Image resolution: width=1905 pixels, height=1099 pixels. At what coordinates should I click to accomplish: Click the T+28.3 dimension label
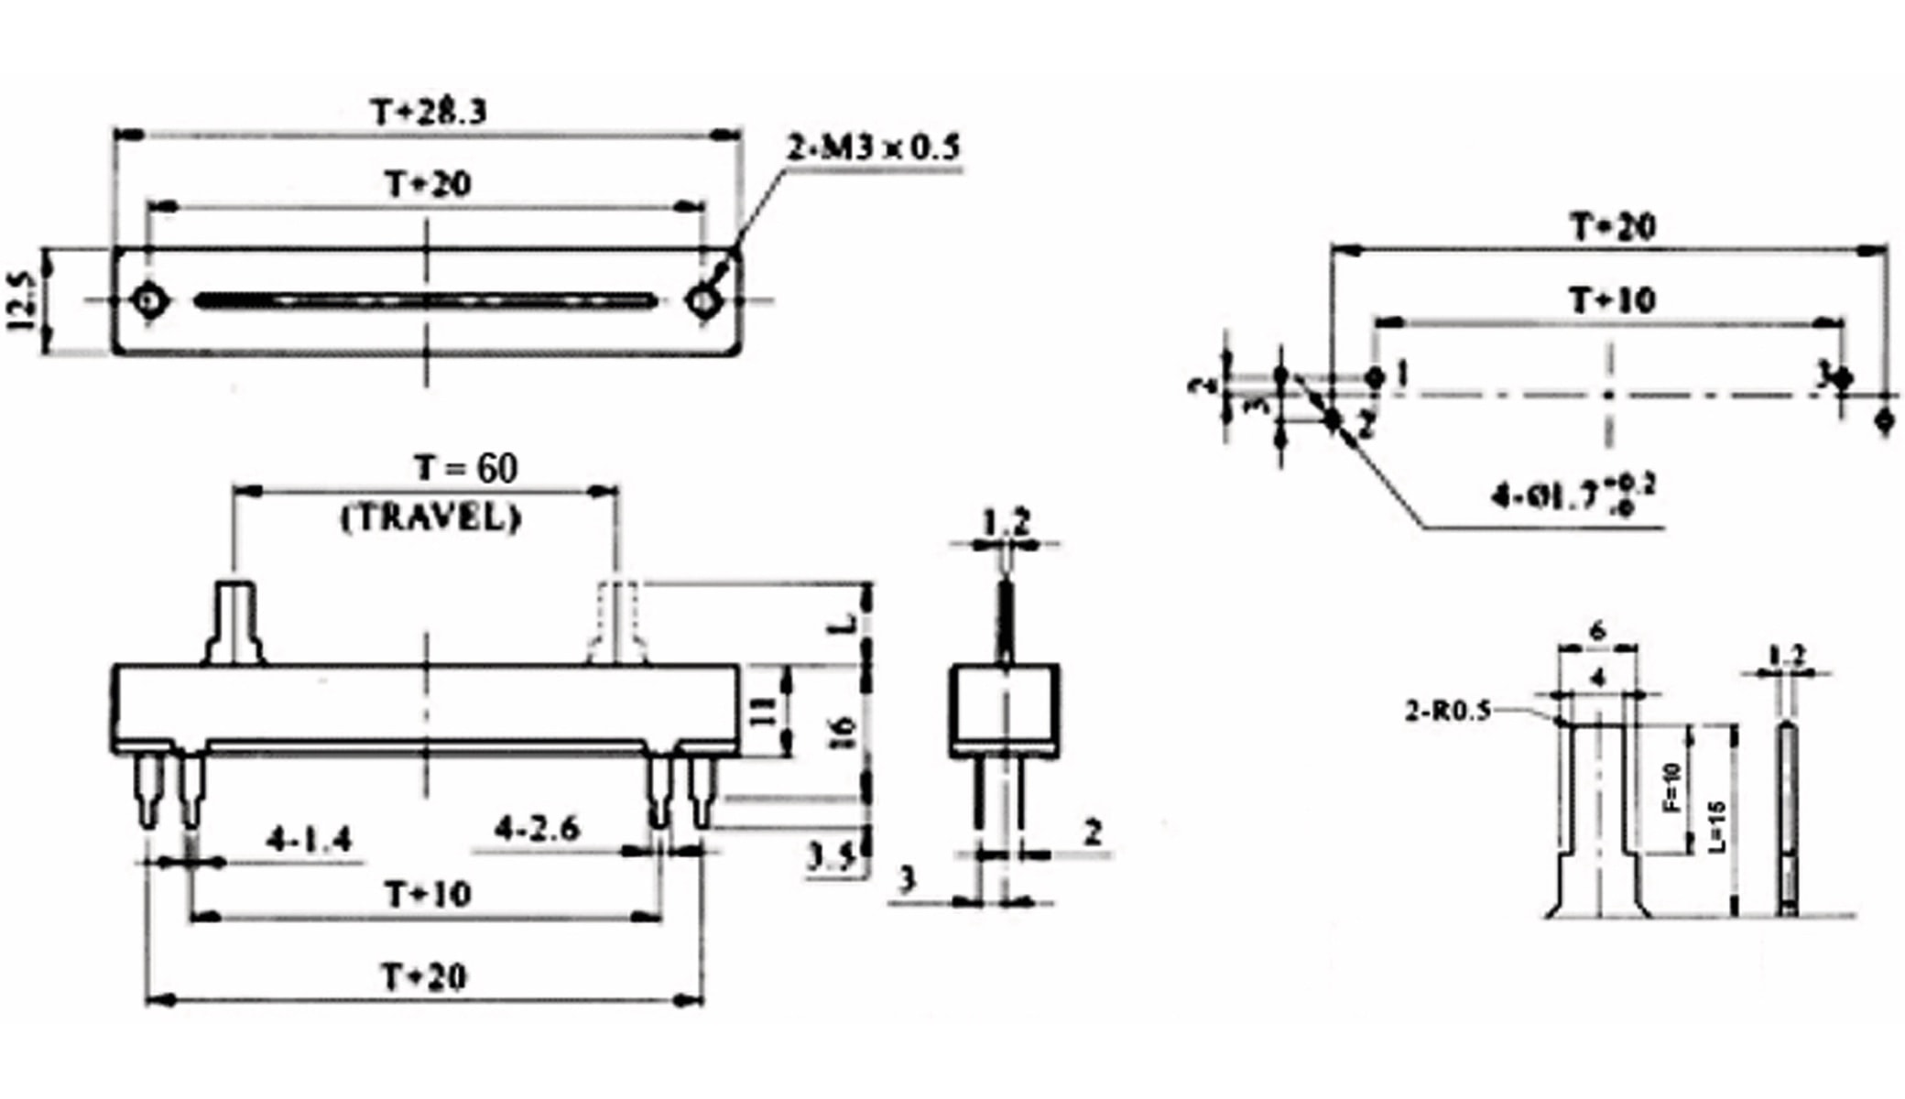[428, 113]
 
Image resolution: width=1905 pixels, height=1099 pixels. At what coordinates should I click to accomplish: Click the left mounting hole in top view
[149, 300]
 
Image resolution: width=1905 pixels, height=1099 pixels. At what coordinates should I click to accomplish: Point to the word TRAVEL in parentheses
[430, 518]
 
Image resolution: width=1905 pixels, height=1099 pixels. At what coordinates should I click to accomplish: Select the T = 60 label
[465, 468]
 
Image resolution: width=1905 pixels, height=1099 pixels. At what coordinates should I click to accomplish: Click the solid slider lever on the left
[235, 623]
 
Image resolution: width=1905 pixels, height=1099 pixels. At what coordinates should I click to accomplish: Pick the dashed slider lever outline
[617, 623]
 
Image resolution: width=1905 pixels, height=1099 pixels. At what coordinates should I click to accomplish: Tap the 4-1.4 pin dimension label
[309, 839]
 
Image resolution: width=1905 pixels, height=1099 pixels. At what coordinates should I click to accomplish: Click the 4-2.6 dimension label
[538, 829]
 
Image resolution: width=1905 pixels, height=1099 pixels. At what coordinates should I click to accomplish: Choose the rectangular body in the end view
[1005, 710]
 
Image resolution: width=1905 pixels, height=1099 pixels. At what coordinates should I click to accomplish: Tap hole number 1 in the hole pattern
[1375, 376]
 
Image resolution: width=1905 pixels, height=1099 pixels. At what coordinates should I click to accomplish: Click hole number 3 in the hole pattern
[1844, 378]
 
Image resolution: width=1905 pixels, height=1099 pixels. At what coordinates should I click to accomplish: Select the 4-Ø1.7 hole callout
[1573, 495]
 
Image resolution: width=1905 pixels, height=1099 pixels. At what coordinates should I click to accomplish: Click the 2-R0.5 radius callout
[1448, 711]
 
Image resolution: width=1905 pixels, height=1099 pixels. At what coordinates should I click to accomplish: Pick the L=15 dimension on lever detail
[1717, 826]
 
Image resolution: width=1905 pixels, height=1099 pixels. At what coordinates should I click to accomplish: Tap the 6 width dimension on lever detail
[1597, 631]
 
